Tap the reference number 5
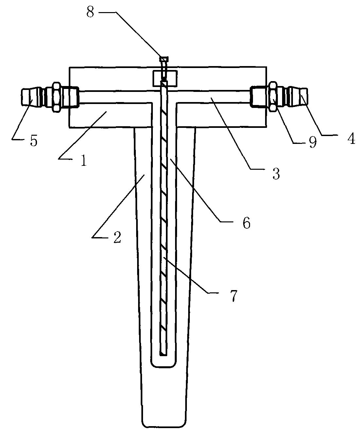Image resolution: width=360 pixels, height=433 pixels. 34,141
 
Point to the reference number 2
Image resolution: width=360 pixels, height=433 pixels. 117,237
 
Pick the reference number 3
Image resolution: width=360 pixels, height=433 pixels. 276,173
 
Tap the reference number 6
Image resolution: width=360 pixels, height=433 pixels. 246,223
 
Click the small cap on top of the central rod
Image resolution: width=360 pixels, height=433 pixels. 164,59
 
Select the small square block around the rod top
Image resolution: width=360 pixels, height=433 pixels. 165,78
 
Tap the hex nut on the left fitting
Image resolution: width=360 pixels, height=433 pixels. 56,97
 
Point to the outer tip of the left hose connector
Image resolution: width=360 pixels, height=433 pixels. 22,97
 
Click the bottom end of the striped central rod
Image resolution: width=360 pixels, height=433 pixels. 164,355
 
